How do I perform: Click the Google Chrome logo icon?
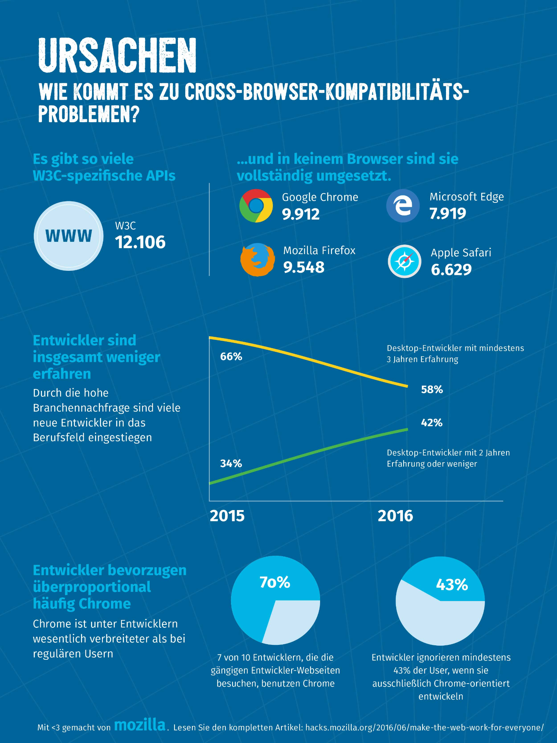pos(256,206)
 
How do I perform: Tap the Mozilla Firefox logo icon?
pos(257,260)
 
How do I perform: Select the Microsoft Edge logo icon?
pos(403,205)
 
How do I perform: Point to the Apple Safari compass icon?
pos(404,262)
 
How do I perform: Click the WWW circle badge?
pos(69,236)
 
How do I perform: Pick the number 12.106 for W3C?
pos(140,242)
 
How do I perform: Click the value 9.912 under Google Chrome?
pos(300,214)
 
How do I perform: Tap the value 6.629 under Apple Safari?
pos(451,270)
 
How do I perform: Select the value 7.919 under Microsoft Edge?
pos(447,214)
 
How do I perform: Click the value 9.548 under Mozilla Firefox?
pos(303,267)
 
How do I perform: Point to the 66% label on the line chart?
pos(231,357)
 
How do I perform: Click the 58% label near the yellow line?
pos(432,390)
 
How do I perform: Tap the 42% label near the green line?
pos(431,423)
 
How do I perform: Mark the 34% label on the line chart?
pos(231,464)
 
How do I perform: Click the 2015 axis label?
pos(227,516)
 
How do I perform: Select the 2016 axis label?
pos(395,516)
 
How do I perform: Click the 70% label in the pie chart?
pos(275,583)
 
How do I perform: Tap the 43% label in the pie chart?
pos(452,585)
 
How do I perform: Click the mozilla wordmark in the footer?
pos(140,725)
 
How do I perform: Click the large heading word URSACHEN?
pos(117,55)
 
